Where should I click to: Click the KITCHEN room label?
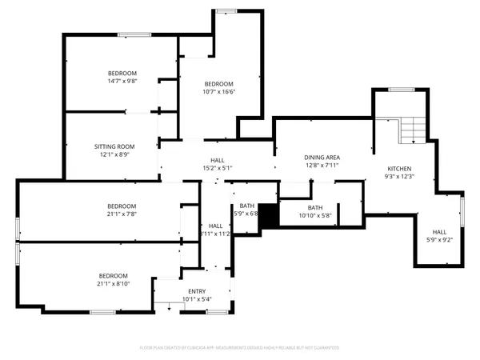[399, 169]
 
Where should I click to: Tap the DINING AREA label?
[322, 158]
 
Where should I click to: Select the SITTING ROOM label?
[114, 146]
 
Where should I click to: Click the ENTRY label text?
[196, 291]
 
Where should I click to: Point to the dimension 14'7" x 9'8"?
[122, 81]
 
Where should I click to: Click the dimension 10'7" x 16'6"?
[218, 92]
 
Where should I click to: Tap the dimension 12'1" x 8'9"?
[114, 154]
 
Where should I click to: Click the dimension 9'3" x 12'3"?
[399, 177]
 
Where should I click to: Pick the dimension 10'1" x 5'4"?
[196, 299]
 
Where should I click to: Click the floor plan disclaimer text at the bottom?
[240, 348]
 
